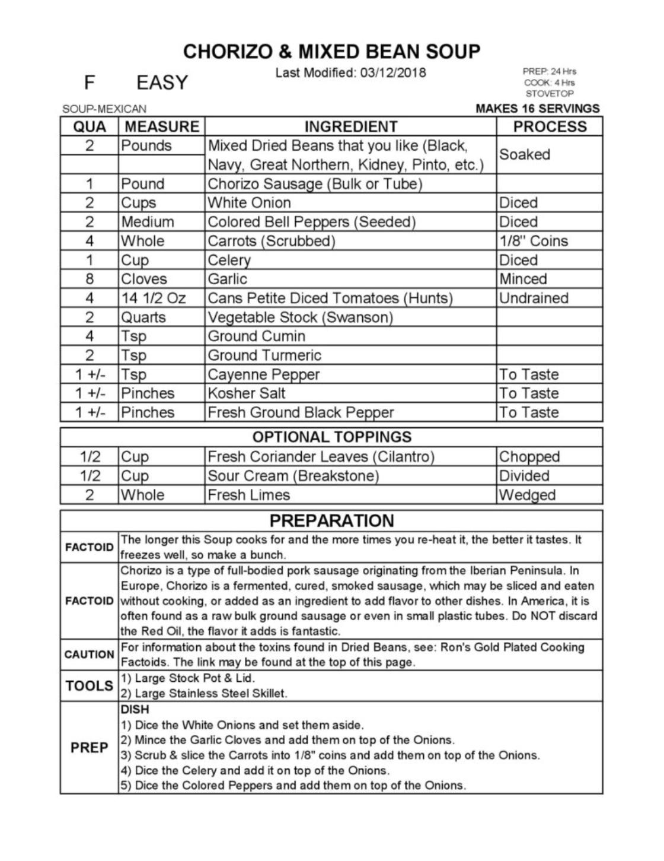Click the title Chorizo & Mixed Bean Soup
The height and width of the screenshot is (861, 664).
click(331, 52)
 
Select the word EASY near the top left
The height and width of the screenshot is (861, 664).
click(162, 82)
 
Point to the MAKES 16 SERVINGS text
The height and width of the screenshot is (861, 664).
click(537, 109)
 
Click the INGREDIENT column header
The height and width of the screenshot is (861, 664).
click(350, 126)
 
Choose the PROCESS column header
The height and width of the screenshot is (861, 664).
click(550, 126)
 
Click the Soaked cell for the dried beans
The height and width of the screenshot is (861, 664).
click(525, 154)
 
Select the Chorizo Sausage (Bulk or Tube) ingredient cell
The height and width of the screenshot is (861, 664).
click(315, 184)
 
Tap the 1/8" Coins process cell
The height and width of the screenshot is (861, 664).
click(534, 241)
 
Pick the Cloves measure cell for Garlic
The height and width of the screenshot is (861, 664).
click(144, 279)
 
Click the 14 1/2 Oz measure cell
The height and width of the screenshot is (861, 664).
click(153, 298)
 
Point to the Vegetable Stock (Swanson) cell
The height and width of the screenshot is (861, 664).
click(300, 317)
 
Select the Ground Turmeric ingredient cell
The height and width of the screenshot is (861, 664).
click(264, 355)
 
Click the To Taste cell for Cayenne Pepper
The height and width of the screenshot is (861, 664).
click(529, 374)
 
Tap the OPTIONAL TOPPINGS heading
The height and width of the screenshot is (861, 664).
click(331, 437)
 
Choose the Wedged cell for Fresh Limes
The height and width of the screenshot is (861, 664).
click(527, 495)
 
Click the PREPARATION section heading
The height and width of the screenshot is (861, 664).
click(331, 520)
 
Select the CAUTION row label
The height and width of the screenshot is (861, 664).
click(89, 655)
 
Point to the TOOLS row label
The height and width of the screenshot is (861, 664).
click(89, 686)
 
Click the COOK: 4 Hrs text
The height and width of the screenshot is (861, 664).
click(549, 82)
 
